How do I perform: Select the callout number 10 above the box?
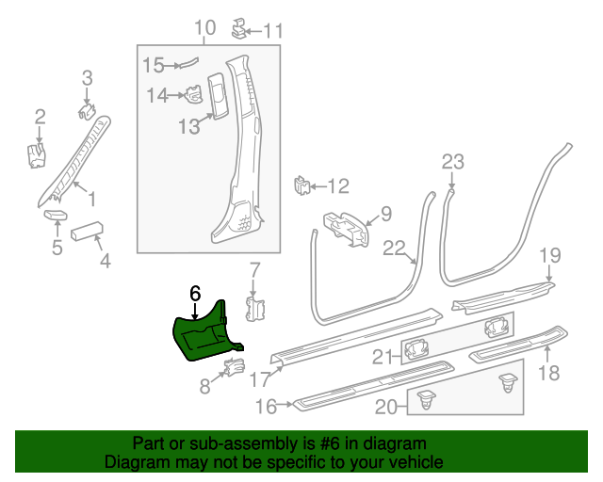205,28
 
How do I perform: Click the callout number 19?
550,256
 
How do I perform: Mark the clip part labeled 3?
87,111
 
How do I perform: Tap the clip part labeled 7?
253,308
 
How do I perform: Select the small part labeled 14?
192,95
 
